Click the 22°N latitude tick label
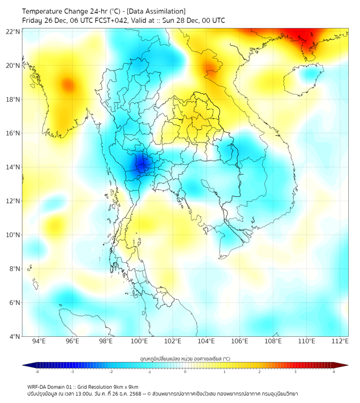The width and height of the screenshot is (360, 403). [13, 31]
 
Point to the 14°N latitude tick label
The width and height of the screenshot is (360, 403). [13, 167]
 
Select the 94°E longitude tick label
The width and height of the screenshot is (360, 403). [39, 341]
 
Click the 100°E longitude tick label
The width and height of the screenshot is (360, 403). [140, 341]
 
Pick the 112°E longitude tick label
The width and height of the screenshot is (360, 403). [340, 341]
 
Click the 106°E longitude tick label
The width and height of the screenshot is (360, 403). [240, 341]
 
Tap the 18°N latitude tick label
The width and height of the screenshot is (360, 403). [13, 100]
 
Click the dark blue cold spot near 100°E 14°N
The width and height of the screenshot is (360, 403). [141, 164]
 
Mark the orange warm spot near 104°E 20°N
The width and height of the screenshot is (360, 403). [211, 67]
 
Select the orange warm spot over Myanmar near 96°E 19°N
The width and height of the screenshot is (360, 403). [67, 84]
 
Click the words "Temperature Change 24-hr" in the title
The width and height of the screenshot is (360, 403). [59, 11]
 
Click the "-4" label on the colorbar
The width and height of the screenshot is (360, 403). [37, 372]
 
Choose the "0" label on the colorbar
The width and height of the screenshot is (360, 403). [185, 372]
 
